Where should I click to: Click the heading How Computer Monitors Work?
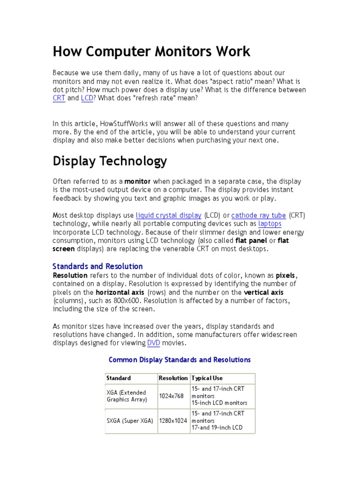[x=151, y=52]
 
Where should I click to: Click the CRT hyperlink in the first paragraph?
[x=59, y=98]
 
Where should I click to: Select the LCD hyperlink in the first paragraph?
[x=87, y=98]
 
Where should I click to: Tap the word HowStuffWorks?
[x=123, y=124]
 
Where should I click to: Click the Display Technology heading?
[x=110, y=161]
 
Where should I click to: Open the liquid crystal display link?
[x=168, y=216]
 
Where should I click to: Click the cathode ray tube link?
[x=258, y=216]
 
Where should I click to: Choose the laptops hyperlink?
[x=270, y=224]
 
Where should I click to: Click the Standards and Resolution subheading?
[x=97, y=266]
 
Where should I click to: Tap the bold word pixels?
[x=286, y=275]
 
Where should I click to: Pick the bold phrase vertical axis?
[x=263, y=292]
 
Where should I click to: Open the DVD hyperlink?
[x=153, y=343]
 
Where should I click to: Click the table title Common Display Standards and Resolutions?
[x=180, y=360]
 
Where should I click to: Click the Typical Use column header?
[x=207, y=378]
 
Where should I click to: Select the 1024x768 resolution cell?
[x=171, y=396]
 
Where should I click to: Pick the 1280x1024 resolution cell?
[x=173, y=421]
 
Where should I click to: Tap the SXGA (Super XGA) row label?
[x=130, y=421]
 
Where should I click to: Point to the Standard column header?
[x=119, y=378]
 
